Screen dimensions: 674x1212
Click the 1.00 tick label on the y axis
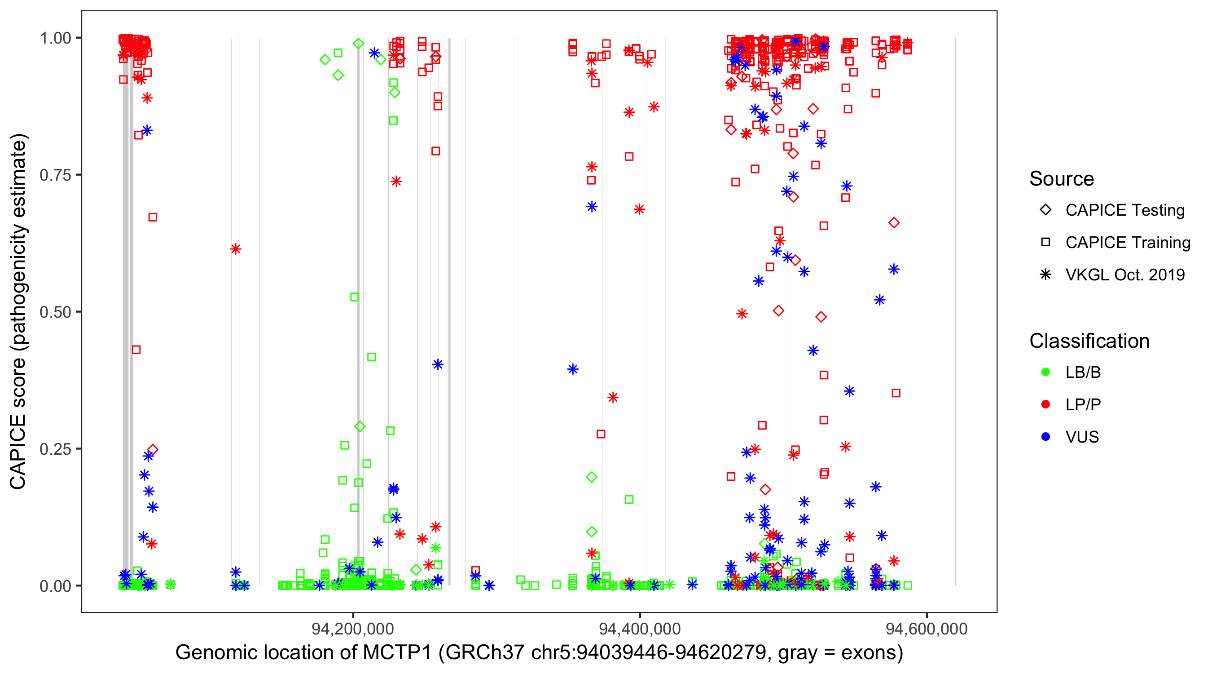55,38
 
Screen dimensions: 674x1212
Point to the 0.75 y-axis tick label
55,175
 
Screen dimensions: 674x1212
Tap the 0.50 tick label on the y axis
55,312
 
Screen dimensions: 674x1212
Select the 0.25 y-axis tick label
55,449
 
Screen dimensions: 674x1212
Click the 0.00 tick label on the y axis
55,586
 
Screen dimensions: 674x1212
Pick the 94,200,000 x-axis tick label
353,629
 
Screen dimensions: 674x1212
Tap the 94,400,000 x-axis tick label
640,629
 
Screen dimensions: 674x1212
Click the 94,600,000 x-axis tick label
927,629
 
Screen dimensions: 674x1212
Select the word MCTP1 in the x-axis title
397,653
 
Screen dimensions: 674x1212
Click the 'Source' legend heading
1062,179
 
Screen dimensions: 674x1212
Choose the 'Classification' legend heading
1089,341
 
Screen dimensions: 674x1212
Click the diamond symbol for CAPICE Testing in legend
1045,210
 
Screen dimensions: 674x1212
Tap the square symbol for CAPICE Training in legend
1045,243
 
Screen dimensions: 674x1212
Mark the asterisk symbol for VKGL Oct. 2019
1045,275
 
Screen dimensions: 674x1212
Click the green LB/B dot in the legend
1045,372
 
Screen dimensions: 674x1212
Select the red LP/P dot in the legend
1045,404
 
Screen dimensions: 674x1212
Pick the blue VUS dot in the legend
1045,437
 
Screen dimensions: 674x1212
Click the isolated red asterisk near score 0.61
236,249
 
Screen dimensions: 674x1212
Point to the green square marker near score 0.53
355,297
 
